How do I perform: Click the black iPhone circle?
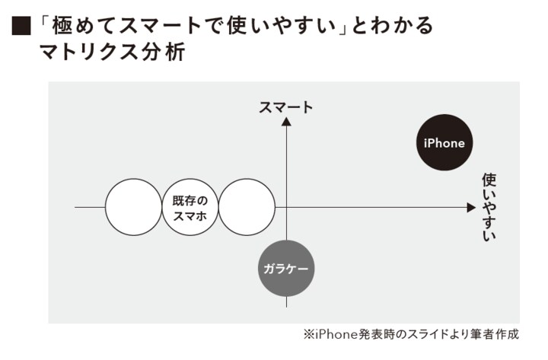pos(444,143)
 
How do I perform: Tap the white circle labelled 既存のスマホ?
pos(190,206)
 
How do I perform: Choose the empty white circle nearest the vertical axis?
pos(247,206)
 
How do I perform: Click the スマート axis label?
pos(285,107)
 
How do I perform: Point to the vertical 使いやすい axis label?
pos(489,207)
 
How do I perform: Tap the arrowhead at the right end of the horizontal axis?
pos(470,206)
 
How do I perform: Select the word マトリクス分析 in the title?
pos(115,54)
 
